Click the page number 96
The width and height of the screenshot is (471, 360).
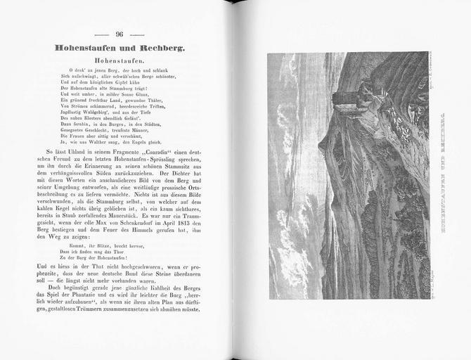120,34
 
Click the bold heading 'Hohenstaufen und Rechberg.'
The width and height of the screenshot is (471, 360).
120,48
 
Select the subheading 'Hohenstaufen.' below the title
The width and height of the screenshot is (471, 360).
120,62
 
